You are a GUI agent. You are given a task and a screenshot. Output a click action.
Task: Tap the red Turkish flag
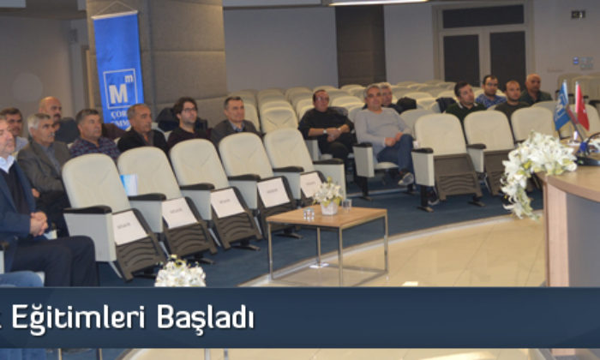(581, 108)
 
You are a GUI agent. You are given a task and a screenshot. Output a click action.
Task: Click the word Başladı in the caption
(205, 318)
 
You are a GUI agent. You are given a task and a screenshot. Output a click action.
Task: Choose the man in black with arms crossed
(326, 124)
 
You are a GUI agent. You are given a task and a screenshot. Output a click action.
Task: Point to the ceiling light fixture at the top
(377, 3)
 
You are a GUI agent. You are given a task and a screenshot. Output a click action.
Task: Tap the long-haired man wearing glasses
(187, 122)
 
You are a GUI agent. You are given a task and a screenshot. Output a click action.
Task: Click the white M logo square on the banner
(120, 87)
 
